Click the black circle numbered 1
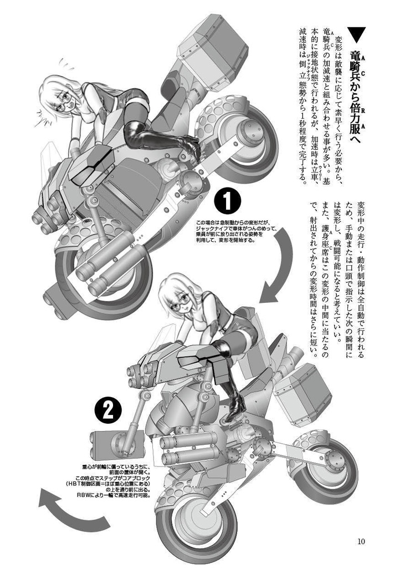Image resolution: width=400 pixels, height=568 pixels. point(228,201)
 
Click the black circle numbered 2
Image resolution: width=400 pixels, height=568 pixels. point(108,409)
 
